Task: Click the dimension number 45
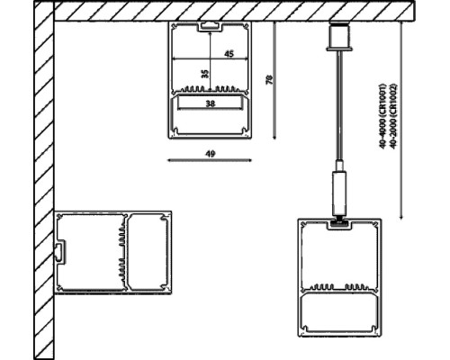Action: point(229,55)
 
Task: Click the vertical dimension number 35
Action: point(206,74)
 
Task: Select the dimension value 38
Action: point(210,104)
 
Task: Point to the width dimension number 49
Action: point(210,155)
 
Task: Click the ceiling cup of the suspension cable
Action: point(339,37)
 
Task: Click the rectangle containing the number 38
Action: point(211,104)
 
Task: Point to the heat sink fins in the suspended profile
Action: point(339,289)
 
